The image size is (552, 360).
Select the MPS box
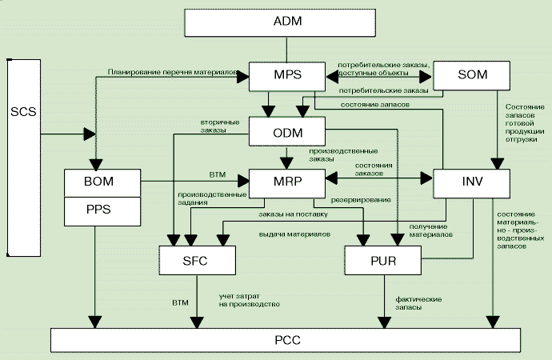click(x=287, y=77)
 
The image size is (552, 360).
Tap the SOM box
click(x=471, y=77)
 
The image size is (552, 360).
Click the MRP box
click(x=287, y=183)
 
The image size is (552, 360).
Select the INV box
click(x=471, y=183)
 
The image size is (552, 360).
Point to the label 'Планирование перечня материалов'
click(x=174, y=73)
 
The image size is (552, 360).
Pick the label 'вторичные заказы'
click(x=213, y=126)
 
